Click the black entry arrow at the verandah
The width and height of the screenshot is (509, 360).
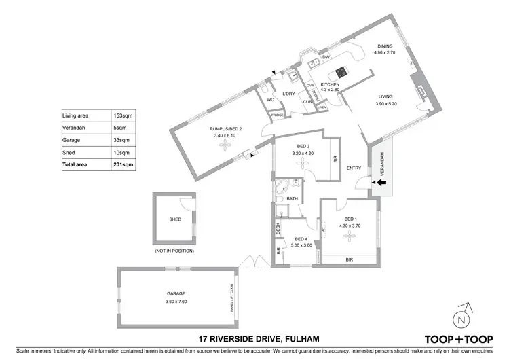[x=381, y=182]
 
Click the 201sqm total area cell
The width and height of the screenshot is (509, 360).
[x=124, y=164]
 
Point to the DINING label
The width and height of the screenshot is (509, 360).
[x=385, y=47]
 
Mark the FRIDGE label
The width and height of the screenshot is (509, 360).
[x=277, y=115]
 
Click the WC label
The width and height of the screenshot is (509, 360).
[x=269, y=100]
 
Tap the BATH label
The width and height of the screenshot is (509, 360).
[x=293, y=198]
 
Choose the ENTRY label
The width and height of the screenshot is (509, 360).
[x=354, y=168]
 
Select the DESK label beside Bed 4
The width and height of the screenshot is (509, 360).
[x=278, y=230]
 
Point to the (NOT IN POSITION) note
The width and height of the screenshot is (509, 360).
[x=175, y=251]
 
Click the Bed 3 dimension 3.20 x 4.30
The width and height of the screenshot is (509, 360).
[x=303, y=154]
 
